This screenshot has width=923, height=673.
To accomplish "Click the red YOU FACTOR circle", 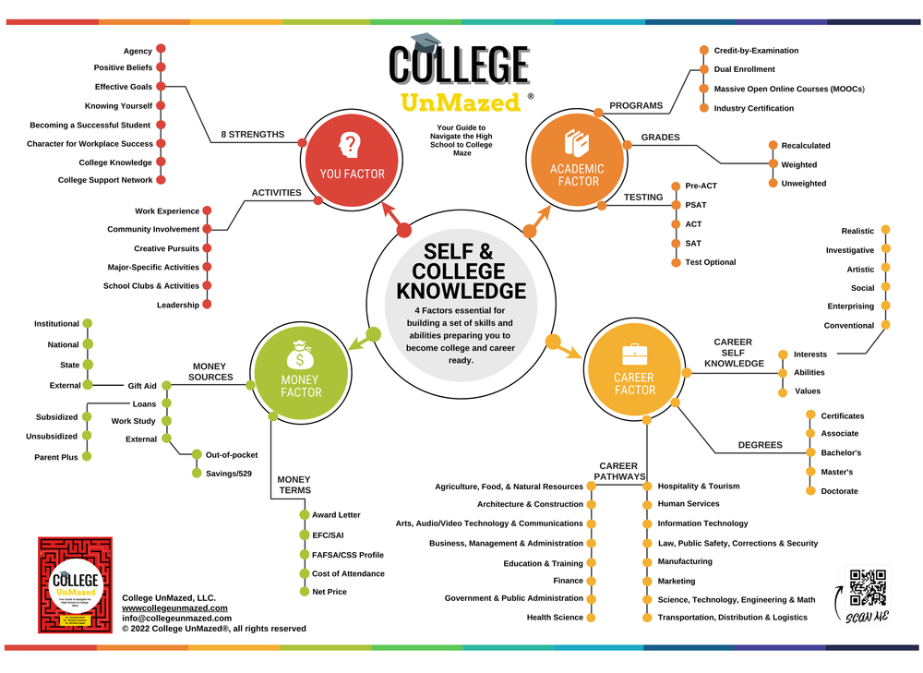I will coord(352,156).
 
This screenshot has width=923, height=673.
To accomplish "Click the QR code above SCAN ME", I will coord(868,587).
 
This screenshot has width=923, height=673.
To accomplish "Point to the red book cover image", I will coord(75,584).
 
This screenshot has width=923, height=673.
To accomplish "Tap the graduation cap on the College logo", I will coord(426,42).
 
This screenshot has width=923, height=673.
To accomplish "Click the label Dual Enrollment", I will coord(744,69).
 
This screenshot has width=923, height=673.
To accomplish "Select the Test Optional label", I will coord(710,262).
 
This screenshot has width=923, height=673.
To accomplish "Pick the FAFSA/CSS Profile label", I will coord(347,555).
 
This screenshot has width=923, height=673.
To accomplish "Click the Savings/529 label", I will coord(222,474).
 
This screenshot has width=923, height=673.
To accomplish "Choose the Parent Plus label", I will coord(56,457).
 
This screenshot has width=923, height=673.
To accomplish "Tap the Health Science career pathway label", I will coord(555,618).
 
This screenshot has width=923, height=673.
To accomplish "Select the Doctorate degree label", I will coord(839,491).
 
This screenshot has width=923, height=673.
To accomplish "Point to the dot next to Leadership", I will coord(207,305).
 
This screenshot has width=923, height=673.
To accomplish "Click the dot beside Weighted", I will coord(773,164).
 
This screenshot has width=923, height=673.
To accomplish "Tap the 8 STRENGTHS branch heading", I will coord(253,135).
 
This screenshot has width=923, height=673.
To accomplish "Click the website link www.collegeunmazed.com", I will coord(174,608).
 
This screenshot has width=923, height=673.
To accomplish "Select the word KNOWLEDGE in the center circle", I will coord(461,291).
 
